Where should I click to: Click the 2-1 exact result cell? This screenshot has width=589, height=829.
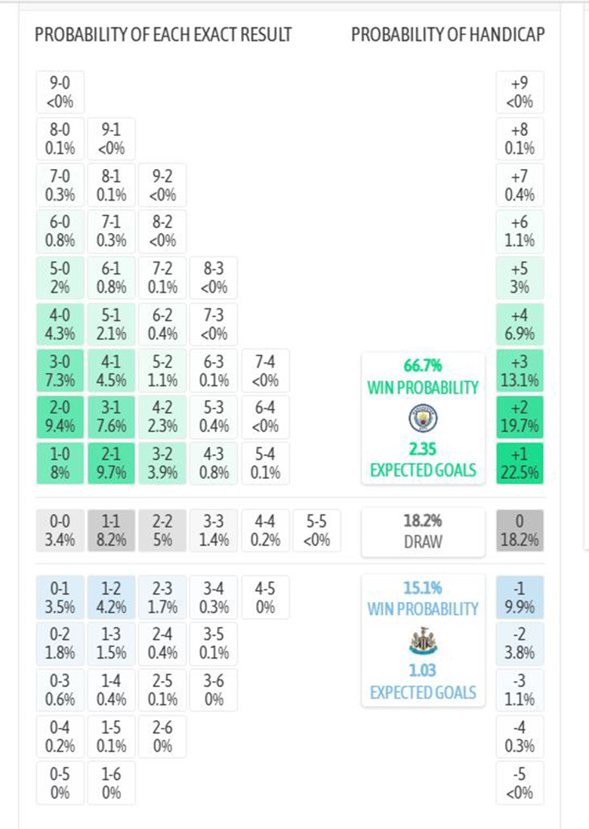pos(111,462)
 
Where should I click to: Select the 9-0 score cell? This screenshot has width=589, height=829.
pos(60,92)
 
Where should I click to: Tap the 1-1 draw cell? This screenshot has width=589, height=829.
pos(111,531)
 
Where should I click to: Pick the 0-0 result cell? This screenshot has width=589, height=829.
pos(60,531)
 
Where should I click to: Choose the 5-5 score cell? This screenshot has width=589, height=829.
pos(316,531)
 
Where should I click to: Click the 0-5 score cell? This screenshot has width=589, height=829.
pos(60,783)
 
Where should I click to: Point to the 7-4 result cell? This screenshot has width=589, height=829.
pos(265,370)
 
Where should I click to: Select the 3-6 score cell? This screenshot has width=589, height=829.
pos(214,689)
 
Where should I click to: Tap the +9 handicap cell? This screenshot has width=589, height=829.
pos(520,92)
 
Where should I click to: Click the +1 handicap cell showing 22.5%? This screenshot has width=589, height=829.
pos(520,462)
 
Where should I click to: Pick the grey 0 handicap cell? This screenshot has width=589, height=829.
pos(520,531)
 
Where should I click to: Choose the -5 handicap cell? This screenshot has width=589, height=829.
pos(520,783)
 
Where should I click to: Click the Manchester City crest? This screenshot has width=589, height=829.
pos(423,418)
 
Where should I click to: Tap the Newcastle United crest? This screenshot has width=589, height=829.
pos(423,641)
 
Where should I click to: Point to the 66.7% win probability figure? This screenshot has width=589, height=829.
pos(423,367)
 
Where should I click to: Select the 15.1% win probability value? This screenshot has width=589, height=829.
pos(423,588)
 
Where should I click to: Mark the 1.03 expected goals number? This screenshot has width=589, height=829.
pos(423,671)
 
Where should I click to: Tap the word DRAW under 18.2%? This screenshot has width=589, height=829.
pos(423,541)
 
